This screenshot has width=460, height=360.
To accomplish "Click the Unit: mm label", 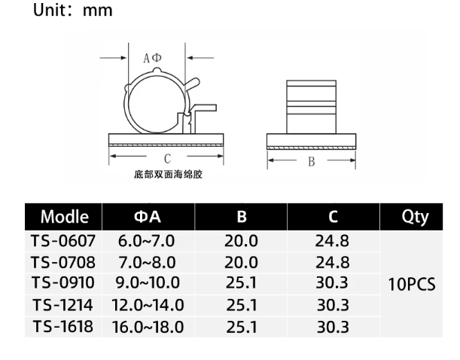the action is coord(73,11).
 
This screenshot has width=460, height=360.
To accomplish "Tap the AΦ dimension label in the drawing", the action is coord(152,58).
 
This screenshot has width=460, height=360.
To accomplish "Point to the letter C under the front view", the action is coord(167,159).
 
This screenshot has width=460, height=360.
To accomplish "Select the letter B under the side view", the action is coord(312,162).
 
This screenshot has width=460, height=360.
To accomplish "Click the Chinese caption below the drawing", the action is coord(168,175).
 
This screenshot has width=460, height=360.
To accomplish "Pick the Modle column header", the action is coord(65,217).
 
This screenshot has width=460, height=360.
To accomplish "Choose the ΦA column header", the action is coord(148,217).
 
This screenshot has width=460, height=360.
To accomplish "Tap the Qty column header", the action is coord(415,218).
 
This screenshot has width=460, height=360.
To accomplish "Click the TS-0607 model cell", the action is coord(63,241).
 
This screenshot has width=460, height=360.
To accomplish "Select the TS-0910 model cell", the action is coord(63,283).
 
